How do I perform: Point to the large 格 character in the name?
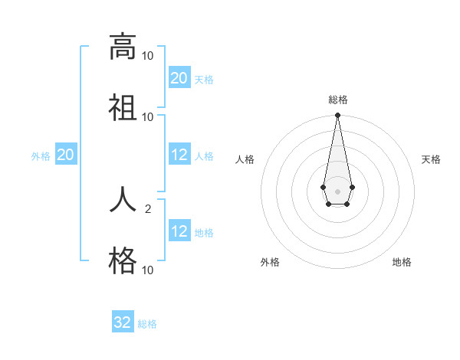122,260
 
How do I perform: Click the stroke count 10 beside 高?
147,56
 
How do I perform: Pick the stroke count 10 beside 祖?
147,116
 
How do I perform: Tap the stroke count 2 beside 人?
149,209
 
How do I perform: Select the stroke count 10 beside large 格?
147,270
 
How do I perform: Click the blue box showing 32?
123,322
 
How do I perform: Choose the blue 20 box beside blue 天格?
179,78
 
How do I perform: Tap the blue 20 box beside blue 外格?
66,155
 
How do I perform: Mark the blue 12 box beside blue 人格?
179,155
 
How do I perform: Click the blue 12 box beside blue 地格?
179,231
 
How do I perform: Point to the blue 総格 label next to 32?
147,324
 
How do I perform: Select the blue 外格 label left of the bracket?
41,156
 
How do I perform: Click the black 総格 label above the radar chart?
337,100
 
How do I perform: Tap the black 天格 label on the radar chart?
431,159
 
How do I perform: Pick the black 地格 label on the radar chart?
402,262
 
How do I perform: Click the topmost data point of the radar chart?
337,116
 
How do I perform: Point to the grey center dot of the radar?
337,190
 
